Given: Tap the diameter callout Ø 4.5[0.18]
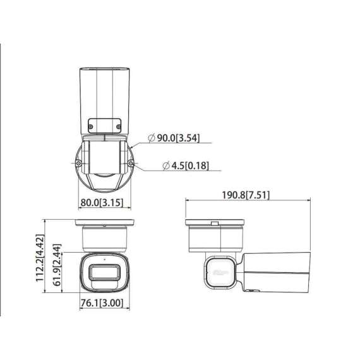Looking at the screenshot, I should pyautogui.click(x=185, y=166).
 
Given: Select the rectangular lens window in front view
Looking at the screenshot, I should pyautogui.click(x=104, y=273).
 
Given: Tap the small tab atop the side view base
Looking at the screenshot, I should pyautogui.click(x=214, y=222).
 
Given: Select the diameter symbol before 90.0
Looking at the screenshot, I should pyautogui.click(x=151, y=138).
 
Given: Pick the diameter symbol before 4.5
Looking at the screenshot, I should pyautogui.click(x=165, y=166).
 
